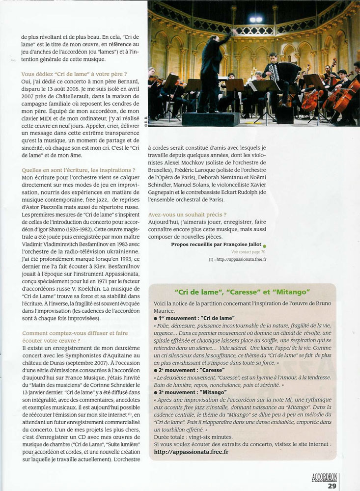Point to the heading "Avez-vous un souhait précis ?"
click(x=187, y=215)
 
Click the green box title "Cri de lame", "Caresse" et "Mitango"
click(x=242, y=293)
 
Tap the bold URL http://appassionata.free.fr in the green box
click(x=191, y=451)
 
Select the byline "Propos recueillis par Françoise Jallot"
click(x=216, y=244)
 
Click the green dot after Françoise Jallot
click(x=264, y=245)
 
